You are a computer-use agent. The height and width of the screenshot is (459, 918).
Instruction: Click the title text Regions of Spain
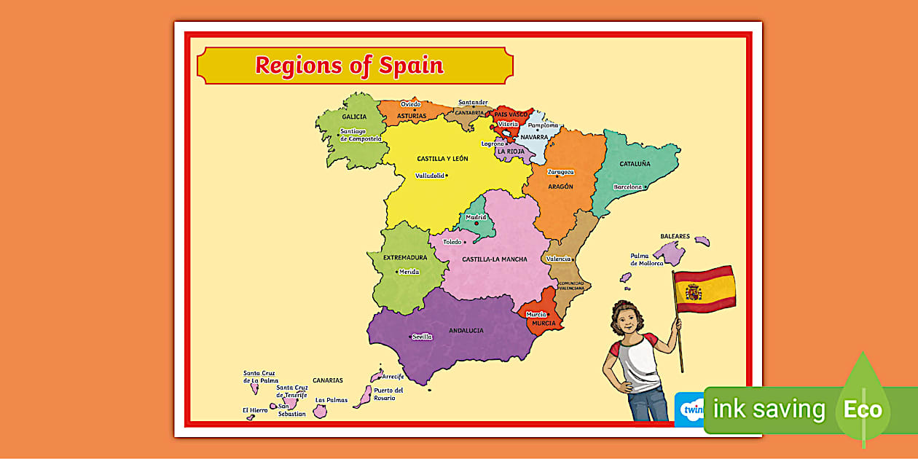pos(349,66)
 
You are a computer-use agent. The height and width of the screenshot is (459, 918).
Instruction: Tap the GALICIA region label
pos(354,117)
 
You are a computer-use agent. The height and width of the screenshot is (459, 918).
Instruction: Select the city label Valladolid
pos(429,176)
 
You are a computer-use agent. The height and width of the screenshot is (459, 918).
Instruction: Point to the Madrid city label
pos(476,217)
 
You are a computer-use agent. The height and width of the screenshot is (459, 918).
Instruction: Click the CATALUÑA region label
pos(635,164)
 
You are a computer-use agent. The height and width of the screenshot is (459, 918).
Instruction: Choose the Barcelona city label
pos(627,187)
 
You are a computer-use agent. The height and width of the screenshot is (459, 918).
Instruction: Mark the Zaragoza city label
pos(560,172)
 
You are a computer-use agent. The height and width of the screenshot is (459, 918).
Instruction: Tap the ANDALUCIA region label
pos(466,331)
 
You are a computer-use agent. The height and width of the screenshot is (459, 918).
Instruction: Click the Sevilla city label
pos(422,337)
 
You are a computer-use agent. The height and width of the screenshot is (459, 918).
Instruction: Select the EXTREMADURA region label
pos(405,257)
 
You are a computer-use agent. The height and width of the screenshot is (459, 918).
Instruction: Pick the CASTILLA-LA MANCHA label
pos(495,259)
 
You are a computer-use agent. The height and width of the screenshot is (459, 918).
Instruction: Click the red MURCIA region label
pos(544,323)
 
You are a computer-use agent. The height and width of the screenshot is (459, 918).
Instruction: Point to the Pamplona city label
pos(543,125)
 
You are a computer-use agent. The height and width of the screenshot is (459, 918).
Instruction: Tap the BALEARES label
pos(675,236)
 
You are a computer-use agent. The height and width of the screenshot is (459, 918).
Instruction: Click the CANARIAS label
pos(328,380)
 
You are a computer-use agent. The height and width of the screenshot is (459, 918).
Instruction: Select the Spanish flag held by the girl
pos(704,289)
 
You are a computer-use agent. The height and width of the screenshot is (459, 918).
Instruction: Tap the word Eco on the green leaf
pos(863,409)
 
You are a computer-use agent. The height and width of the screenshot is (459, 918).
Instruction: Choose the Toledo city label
pos(452,242)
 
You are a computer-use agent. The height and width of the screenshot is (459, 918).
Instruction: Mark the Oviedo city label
pos(410,104)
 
